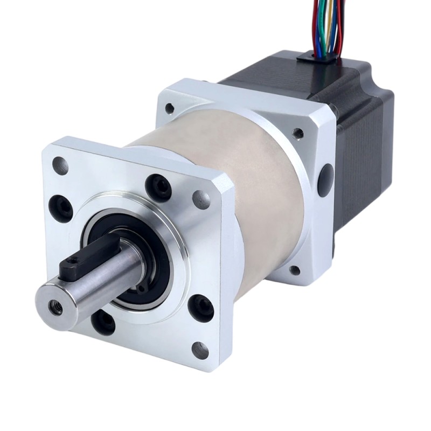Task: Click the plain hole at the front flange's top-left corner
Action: point(59,165)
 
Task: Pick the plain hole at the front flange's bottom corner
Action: point(200,350)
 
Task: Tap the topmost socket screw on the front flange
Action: point(159,186)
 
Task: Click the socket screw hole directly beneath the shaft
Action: point(103,322)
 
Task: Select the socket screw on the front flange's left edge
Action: point(61,207)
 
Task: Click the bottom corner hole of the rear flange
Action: point(294,270)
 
